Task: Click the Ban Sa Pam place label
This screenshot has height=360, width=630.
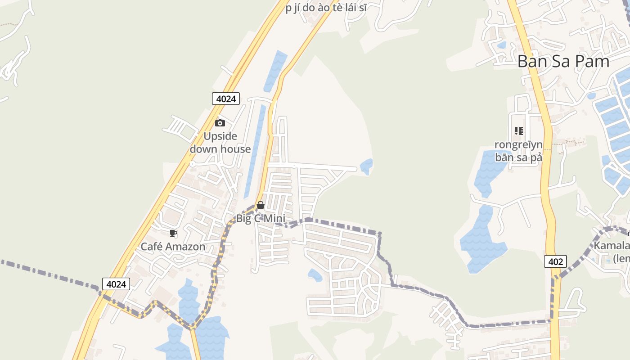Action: pos(563,61)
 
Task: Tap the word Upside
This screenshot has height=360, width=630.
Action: pos(220,136)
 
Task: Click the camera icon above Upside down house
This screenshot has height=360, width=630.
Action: pos(220,123)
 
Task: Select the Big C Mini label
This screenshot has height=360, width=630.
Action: pos(261,219)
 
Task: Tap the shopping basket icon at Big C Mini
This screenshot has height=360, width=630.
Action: pos(260,205)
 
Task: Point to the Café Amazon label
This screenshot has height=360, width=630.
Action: pos(173,247)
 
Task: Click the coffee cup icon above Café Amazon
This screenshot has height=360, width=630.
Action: pos(173,233)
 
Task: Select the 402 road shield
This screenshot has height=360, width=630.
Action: pos(555,261)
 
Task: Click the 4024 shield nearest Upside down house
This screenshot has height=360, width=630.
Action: pos(226,99)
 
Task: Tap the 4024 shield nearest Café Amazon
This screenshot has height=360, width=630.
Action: pos(116,284)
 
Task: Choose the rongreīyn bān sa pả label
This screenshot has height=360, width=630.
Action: pos(518,151)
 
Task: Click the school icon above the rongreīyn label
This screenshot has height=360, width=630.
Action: pos(519,131)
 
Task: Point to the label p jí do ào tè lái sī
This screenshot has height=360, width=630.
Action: pos(326,8)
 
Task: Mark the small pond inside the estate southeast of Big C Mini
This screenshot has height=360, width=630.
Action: pos(315,274)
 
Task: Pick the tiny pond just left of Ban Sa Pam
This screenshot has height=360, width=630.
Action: pos(501,45)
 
